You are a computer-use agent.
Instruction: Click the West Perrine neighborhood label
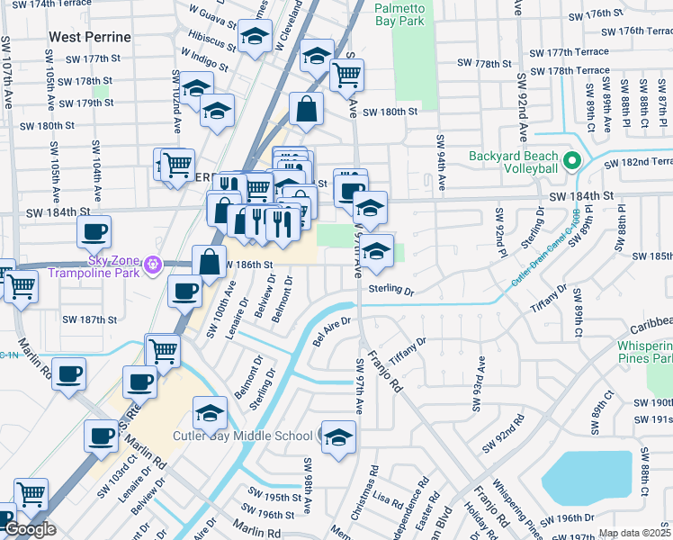[x=90, y=37]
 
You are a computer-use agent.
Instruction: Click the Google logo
[x=30, y=529]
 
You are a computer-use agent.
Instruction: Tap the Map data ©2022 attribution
[x=633, y=534]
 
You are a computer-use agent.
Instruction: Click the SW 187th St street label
[x=90, y=319]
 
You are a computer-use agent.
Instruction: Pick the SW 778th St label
[x=484, y=63]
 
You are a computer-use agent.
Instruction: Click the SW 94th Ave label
[x=441, y=163]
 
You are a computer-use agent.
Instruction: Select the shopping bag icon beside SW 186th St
[x=209, y=262]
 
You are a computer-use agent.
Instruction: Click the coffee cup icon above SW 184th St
[x=93, y=232]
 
